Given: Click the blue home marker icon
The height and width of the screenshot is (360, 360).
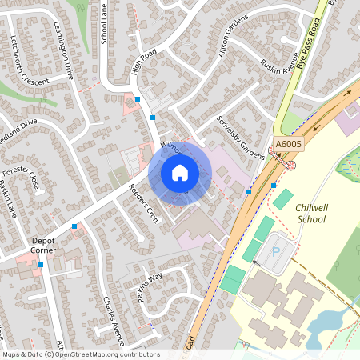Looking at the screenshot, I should (x=180, y=172).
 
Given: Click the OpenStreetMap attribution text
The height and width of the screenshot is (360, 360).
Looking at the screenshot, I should (x=80, y=354).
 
